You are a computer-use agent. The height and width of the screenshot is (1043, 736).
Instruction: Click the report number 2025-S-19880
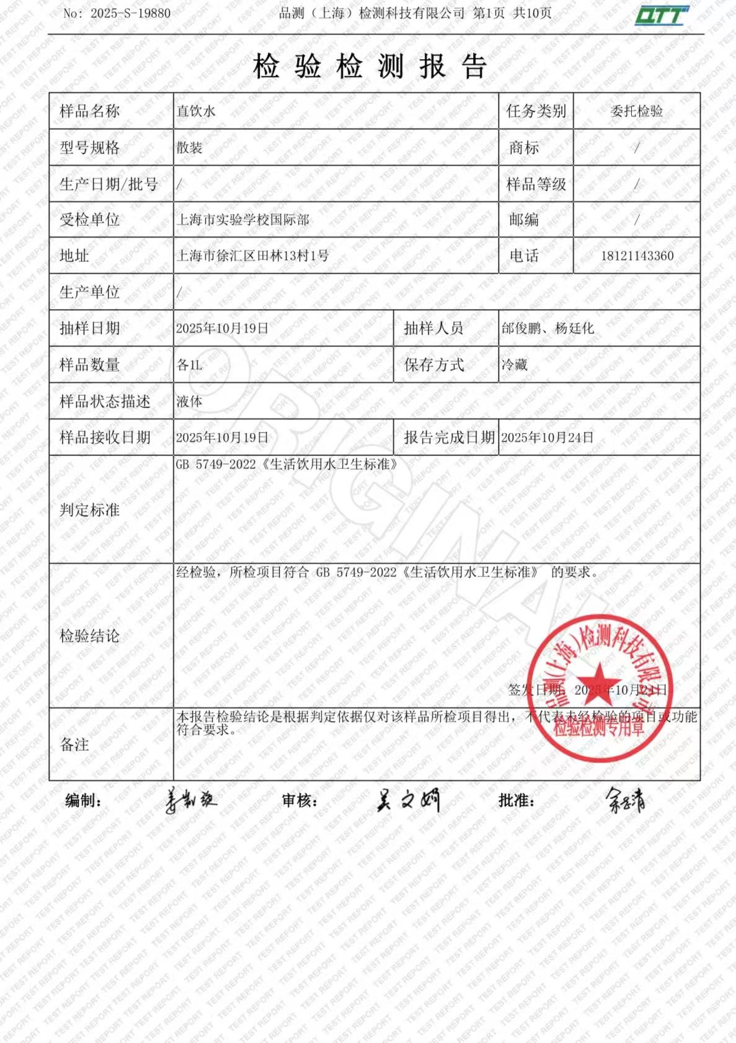pos(130,13)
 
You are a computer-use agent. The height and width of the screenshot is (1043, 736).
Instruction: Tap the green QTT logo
pos(661,16)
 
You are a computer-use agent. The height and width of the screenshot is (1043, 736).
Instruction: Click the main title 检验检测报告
pos(370,66)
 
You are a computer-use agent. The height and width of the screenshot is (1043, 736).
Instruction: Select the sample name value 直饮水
pos(196,111)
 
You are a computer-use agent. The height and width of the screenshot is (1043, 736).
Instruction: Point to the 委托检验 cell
pos(637,111)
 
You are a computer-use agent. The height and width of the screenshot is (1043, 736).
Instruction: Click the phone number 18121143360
pos(637,256)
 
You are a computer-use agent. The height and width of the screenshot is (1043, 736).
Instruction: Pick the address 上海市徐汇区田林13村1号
pos(253,256)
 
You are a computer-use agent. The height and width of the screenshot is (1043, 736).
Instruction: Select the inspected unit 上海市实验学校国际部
pos(243,220)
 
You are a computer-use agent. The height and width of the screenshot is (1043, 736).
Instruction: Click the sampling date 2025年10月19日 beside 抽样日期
pos(222,328)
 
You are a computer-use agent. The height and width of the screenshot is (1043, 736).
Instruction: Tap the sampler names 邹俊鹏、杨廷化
pos(548,328)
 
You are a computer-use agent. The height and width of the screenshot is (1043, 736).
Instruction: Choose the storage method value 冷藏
pos(514,365)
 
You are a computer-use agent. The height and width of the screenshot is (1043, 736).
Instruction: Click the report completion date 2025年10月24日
pos(547,437)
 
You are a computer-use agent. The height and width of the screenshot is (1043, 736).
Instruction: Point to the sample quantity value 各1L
pos(189,365)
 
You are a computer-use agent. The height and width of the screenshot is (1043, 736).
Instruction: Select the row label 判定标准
pos(89,510)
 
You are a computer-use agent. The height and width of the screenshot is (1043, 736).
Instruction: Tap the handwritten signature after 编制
pos(191,801)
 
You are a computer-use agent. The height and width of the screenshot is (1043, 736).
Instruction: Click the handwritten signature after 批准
pos(625,801)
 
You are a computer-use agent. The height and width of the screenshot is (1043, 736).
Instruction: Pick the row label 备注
pos(74,745)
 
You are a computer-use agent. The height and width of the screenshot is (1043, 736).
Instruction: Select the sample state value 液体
pos(189,401)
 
